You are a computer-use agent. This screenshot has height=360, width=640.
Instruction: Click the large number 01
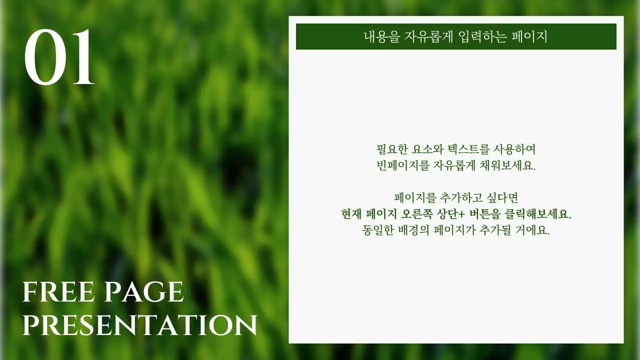(59, 58)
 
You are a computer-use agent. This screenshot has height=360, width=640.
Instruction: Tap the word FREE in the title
(54, 292)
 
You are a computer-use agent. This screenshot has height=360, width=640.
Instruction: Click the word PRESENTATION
(139, 325)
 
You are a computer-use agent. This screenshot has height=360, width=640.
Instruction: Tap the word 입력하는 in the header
(476, 37)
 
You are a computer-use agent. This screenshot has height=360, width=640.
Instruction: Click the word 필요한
(392, 149)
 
